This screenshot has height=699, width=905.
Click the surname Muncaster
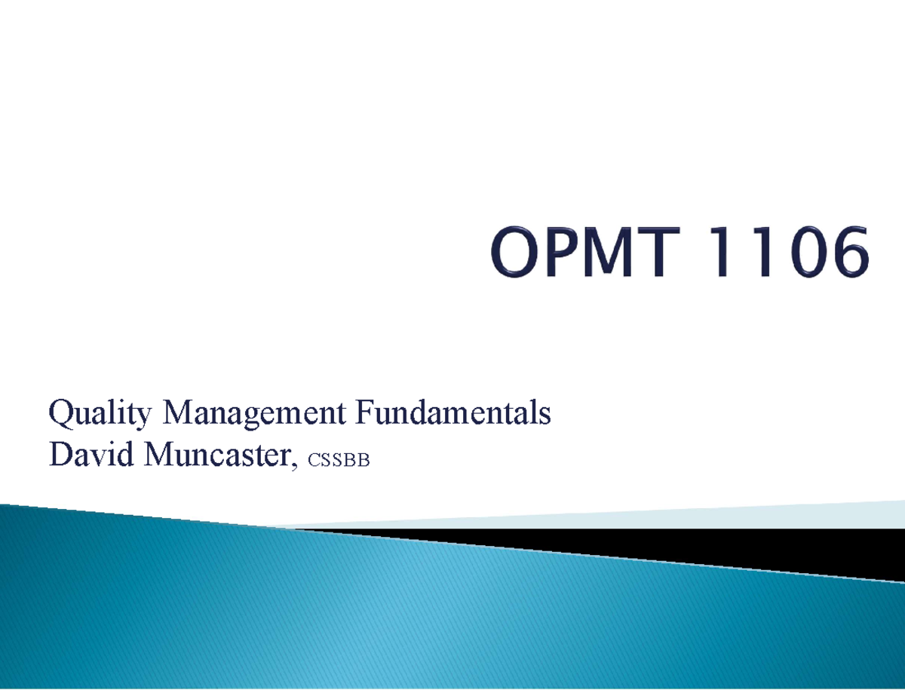218,455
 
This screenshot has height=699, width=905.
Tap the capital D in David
58,455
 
